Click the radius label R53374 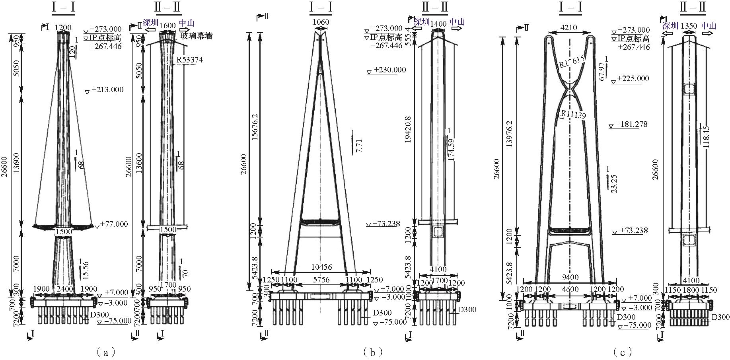click(190, 60)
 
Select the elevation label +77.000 click(114, 224)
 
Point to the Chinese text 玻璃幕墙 click(197, 36)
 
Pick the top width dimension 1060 click(321, 22)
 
